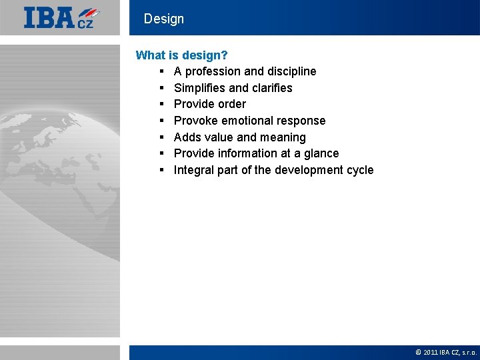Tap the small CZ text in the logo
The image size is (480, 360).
pyautogui.click(x=86, y=23)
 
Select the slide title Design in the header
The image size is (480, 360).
pyautogui.click(x=163, y=19)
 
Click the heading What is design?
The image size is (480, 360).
pyautogui.click(x=182, y=55)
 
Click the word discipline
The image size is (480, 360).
pyautogui.click(x=291, y=71)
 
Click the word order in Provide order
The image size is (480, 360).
pyautogui.click(x=231, y=104)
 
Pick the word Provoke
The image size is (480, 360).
pyautogui.click(x=196, y=121)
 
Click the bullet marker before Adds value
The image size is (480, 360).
pyautogui.click(x=162, y=137)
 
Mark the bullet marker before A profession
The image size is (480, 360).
pyautogui.click(x=162, y=71)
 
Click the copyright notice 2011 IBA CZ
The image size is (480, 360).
pyautogui.click(x=446, y=352)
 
